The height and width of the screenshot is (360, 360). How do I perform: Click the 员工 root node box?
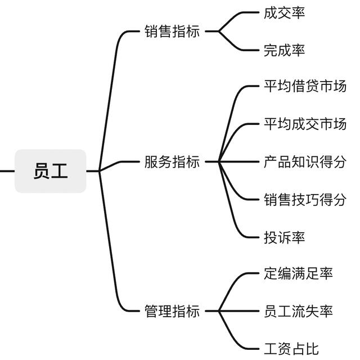coord(51,171)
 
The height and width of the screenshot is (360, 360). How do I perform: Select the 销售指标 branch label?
coord(172,31)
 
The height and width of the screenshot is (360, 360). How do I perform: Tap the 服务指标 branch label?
coord(172,162)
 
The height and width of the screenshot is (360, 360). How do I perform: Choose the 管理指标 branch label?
coord(172,311)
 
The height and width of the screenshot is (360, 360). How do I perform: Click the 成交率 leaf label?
coord(284,12)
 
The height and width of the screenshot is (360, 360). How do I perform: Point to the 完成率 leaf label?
coord(284,50)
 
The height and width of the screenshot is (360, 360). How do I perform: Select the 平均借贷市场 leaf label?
coord(305,86)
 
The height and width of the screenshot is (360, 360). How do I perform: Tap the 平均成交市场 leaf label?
coord(305,124)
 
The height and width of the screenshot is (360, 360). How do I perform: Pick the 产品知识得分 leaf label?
coord(305,161)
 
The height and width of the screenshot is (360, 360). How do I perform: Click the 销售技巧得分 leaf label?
coord(305,199)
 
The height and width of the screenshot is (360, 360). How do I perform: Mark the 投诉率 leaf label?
coord(284,237)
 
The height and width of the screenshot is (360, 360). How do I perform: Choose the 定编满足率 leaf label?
coord(298,273)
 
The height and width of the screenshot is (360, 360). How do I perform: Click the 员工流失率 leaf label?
coord(298,311)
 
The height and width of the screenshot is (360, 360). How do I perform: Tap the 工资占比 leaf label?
coord(291,349)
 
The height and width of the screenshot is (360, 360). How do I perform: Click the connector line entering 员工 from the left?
coord(7,171)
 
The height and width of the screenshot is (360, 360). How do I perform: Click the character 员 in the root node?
coord(42,171)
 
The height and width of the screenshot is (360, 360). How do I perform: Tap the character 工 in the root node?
coord(59,171)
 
